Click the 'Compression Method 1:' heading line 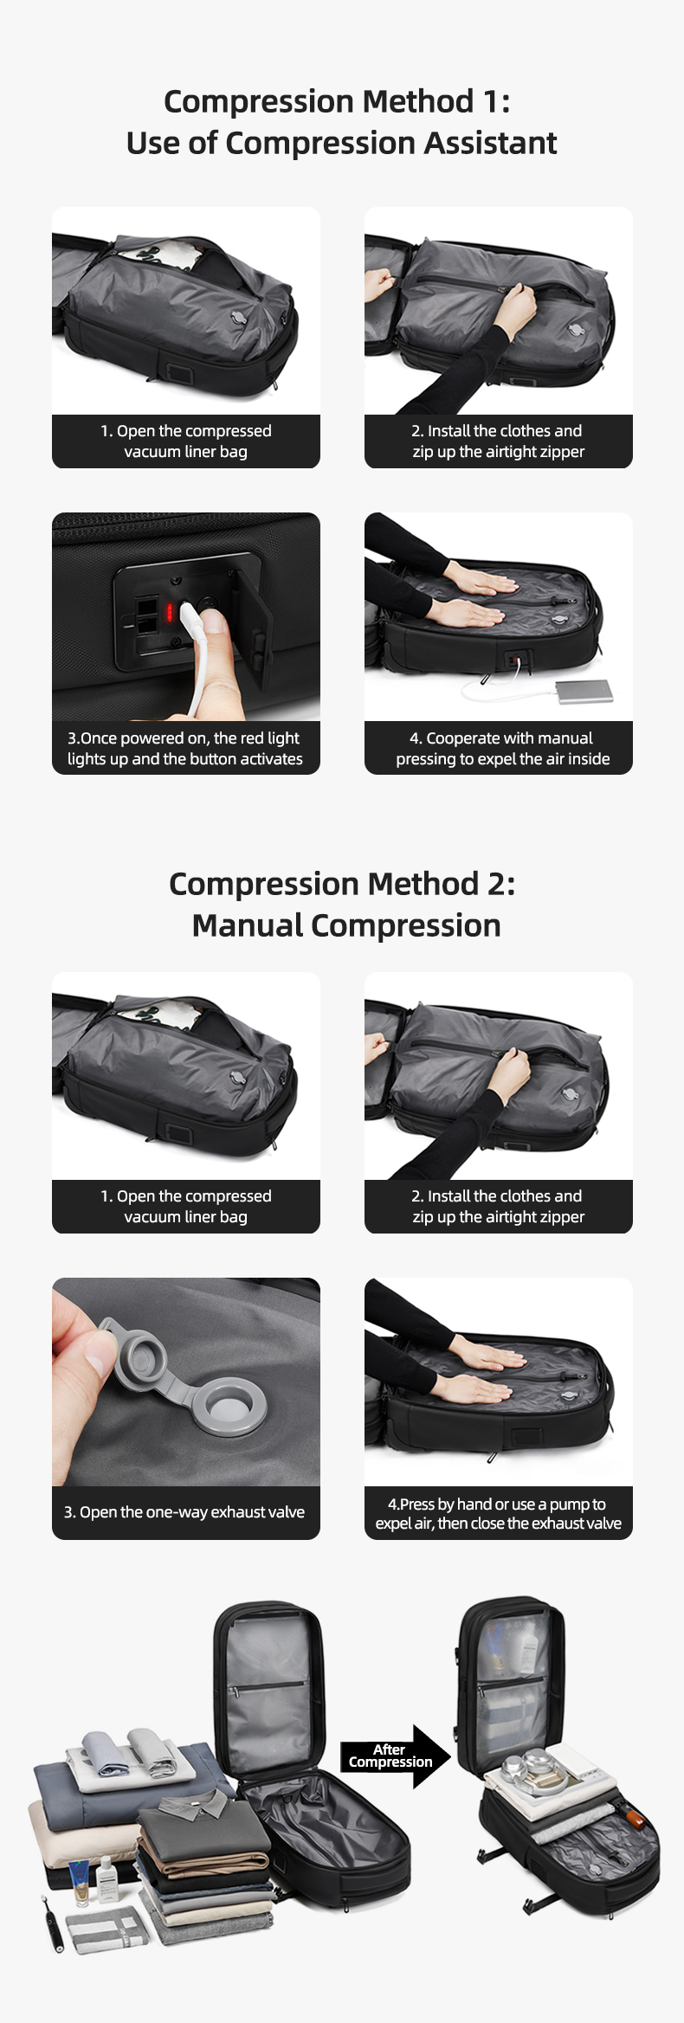(x=337, y=102)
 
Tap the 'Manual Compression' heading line (x=346, y=925)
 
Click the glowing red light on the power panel (x=171, y=613)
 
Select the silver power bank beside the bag (x=584, y=691)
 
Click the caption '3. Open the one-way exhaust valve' (x=184, y=1512)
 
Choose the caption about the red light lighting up (x=184, y=748)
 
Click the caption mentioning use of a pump (x=498, y=1513)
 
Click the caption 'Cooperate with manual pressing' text (x=502, y=748)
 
